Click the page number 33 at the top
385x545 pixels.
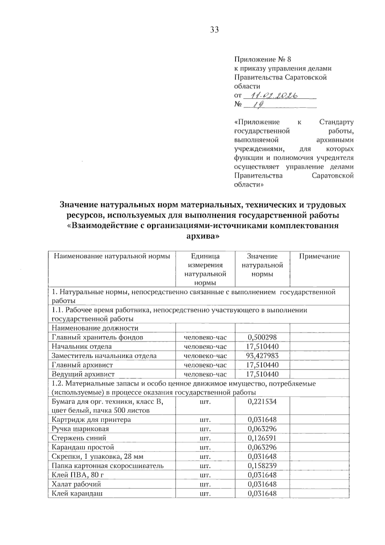click(214, 30)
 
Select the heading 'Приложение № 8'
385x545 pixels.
click(262, 59)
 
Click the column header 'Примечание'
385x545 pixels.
click(319, 256)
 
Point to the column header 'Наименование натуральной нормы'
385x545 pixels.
click(112, 256)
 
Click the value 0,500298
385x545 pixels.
click(262, 337)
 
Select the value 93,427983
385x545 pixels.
click(262, 356)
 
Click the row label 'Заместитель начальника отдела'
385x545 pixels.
click(104, 356)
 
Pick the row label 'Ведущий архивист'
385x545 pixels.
click(83, 374)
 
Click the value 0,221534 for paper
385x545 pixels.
click(262, 402)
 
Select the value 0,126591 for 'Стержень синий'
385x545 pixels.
click(262, 438)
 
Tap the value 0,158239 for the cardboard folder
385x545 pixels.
click(262, 466)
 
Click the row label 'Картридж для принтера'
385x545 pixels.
click(91, 420)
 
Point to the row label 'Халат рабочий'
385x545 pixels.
click(76, 484)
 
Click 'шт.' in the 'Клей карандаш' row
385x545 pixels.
click(205, 494)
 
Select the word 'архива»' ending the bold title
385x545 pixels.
click(203, 236)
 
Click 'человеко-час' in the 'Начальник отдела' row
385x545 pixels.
click(205, 347)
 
